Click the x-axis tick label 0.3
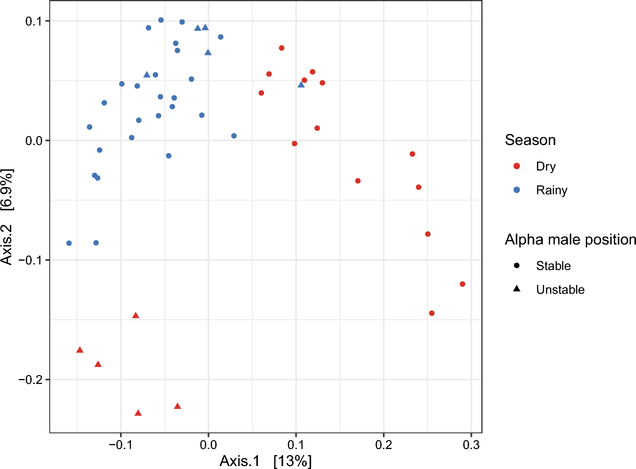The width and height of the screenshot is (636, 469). (471, 445)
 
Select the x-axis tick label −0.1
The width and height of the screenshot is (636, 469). (121, 445)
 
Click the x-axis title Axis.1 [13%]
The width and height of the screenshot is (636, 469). (266, 461)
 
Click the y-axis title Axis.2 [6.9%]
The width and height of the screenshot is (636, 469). (7, 217)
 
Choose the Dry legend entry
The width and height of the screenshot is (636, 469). (545, 166)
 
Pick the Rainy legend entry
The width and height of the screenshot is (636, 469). (551, 190)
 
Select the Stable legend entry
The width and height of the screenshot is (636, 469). (553, 266)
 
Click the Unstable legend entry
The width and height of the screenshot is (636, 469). (560, 290)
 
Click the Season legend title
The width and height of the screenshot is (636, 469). (530, 140)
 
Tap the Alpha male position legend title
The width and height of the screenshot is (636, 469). (570, 240)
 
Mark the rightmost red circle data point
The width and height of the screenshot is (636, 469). (463, 284)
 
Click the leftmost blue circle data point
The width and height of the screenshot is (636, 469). (69, 243)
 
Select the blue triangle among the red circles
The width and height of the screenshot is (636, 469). (301, 85)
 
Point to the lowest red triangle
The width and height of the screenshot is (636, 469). (138, 413)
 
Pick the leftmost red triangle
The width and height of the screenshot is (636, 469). (79, 350)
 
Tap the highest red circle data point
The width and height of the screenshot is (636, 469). (281, 48)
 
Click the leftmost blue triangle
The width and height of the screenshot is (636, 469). (147, 74)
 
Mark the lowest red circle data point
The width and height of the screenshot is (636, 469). (432, 313)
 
